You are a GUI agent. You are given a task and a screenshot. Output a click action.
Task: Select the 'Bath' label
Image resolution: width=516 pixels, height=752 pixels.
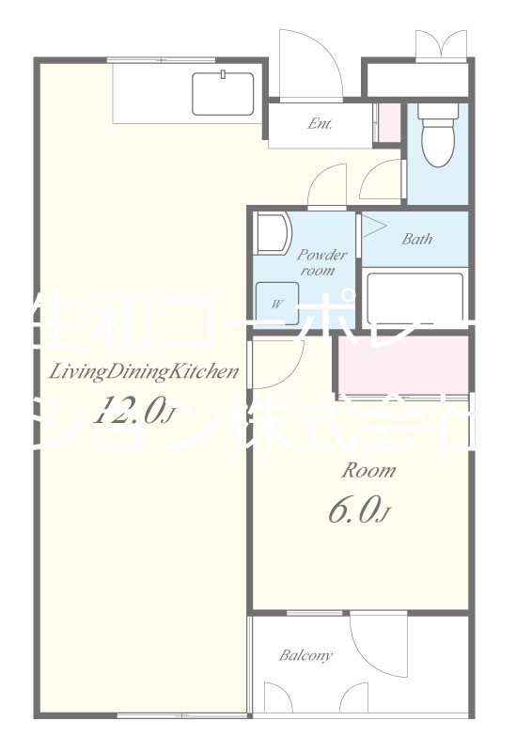[416, 239]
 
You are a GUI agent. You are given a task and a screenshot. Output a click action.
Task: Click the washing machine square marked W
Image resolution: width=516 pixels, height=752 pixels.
[279, 303]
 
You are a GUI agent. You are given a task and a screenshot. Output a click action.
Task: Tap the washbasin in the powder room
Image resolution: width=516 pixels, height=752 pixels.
[274, 233]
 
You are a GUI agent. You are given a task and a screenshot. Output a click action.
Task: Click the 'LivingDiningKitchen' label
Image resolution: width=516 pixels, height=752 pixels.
[143, 371]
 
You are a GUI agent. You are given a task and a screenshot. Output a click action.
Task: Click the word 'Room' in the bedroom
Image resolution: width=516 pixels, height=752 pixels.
[367, 470]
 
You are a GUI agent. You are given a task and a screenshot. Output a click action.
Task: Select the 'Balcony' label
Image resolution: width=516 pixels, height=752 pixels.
[305, 655]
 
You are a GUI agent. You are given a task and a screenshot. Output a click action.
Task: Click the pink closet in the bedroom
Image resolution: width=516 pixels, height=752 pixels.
[402, 362]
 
